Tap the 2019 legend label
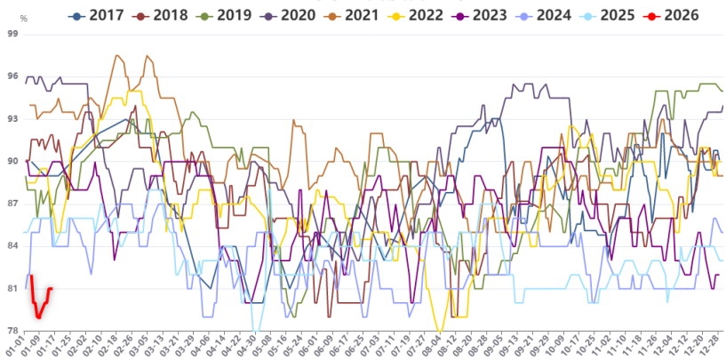[225, 15]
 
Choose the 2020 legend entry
[289, 15]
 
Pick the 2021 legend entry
[353, 15]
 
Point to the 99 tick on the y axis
[12, 34]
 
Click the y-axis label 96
[12, 76]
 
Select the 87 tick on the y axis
[12, 204]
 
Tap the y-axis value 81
[12, 288]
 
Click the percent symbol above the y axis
[23, 18]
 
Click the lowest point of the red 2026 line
[38, 317]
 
